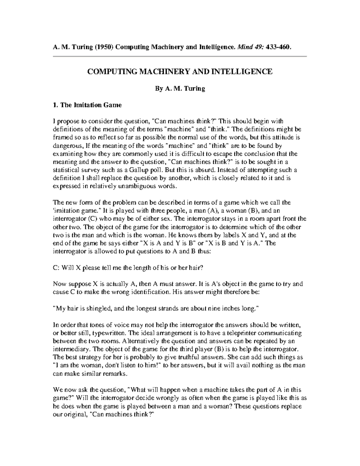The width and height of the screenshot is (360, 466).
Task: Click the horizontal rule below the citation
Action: [179, 56]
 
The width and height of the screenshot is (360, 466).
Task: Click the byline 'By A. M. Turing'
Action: [180, 89]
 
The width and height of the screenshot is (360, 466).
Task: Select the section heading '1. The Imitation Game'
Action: [87, 105]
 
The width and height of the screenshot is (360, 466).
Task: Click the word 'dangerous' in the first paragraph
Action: [67, 146]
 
